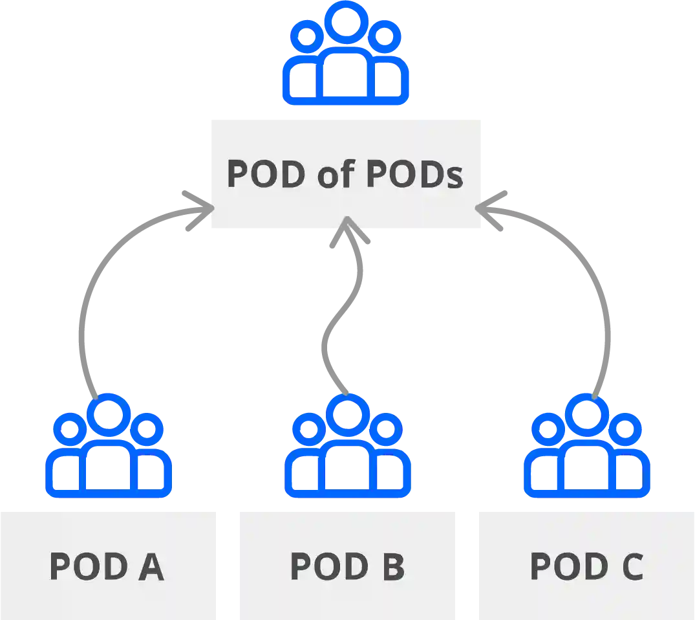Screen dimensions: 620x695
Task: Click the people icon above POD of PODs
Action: pos(346,54)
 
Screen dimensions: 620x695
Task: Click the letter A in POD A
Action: pos(150,566)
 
